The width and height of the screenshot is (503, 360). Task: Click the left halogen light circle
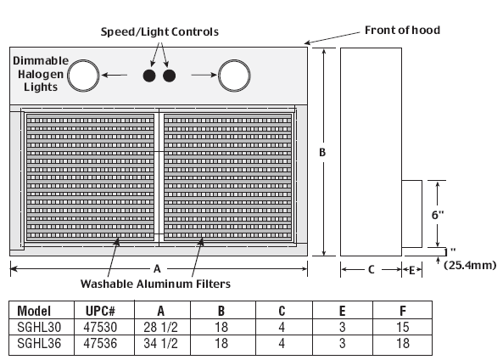(x=69, y=76)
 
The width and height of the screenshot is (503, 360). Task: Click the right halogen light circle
(x=219, y=76)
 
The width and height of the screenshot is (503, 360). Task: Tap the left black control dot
(x=149, y=76)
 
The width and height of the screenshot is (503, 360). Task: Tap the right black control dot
(x=169, y=76)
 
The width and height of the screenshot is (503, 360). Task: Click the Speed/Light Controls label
(x=159, y=31)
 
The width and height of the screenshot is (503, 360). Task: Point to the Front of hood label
(x=402, y=31)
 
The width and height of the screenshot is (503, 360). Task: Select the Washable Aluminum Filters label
(x=155, y=284)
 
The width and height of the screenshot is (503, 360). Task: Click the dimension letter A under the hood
(x=157, y=269)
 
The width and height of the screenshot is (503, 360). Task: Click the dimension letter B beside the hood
(x=322, y=152)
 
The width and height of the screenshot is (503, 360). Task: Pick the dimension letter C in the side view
(x=372, y=269)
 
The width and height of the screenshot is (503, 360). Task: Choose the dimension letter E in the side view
(x=412, y=270)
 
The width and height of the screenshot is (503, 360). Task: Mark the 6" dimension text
(x=437, y=215)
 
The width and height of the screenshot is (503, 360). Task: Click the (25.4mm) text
(x=470, y=265)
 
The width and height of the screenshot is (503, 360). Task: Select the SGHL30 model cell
(x=39, y=327)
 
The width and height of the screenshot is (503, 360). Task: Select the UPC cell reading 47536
(x=100, y=343)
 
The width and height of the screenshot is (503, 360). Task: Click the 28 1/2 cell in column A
(x=160, y=327)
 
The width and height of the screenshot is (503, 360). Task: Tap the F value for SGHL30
(x=403, y=327)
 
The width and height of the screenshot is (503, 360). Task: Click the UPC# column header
(x=100, y=311)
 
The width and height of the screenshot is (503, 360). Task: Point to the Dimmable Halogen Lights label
(x=41, y=74)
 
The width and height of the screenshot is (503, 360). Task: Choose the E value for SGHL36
(x=343, y=343)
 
